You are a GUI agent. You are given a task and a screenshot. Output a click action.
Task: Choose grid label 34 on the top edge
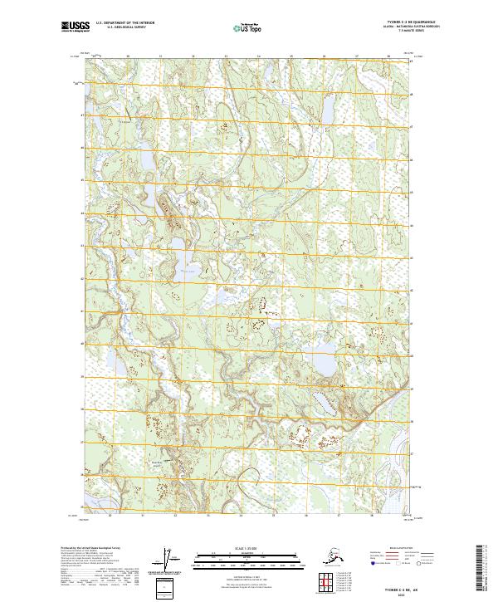click(257, 56)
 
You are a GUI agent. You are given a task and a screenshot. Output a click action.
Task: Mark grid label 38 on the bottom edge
click(388, 516)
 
